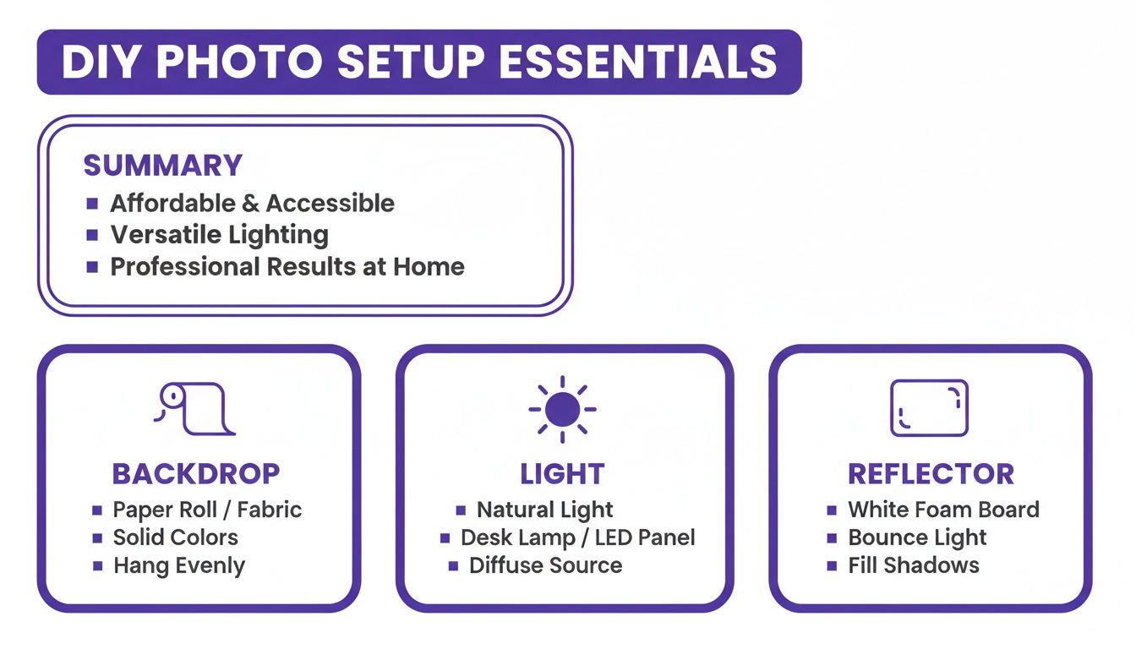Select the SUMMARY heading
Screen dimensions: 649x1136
[162, 165]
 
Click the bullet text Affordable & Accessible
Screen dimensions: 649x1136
[252, 203]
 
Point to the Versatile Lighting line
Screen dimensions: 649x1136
[219, 235]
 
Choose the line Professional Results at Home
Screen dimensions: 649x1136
[287, 267]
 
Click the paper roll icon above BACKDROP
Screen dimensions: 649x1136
[194, 408]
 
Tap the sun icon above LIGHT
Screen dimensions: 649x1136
[562, 409]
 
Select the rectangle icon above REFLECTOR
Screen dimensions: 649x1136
[929, 407]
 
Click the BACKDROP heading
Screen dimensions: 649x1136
[195, 474]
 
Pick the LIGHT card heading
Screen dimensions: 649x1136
[562, 474]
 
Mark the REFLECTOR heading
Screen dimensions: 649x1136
[931, 474]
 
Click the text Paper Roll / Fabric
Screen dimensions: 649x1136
[207, 510]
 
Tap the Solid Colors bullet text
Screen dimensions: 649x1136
[176, 537]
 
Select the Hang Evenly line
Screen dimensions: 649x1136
[179, 565]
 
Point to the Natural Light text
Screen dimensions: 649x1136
[545, 510]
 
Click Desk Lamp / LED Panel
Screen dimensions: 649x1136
[577, 537]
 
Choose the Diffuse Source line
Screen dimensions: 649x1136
[545, 565]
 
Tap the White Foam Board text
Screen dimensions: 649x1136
[943, 510]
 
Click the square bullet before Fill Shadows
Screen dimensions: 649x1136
[832, 565]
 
